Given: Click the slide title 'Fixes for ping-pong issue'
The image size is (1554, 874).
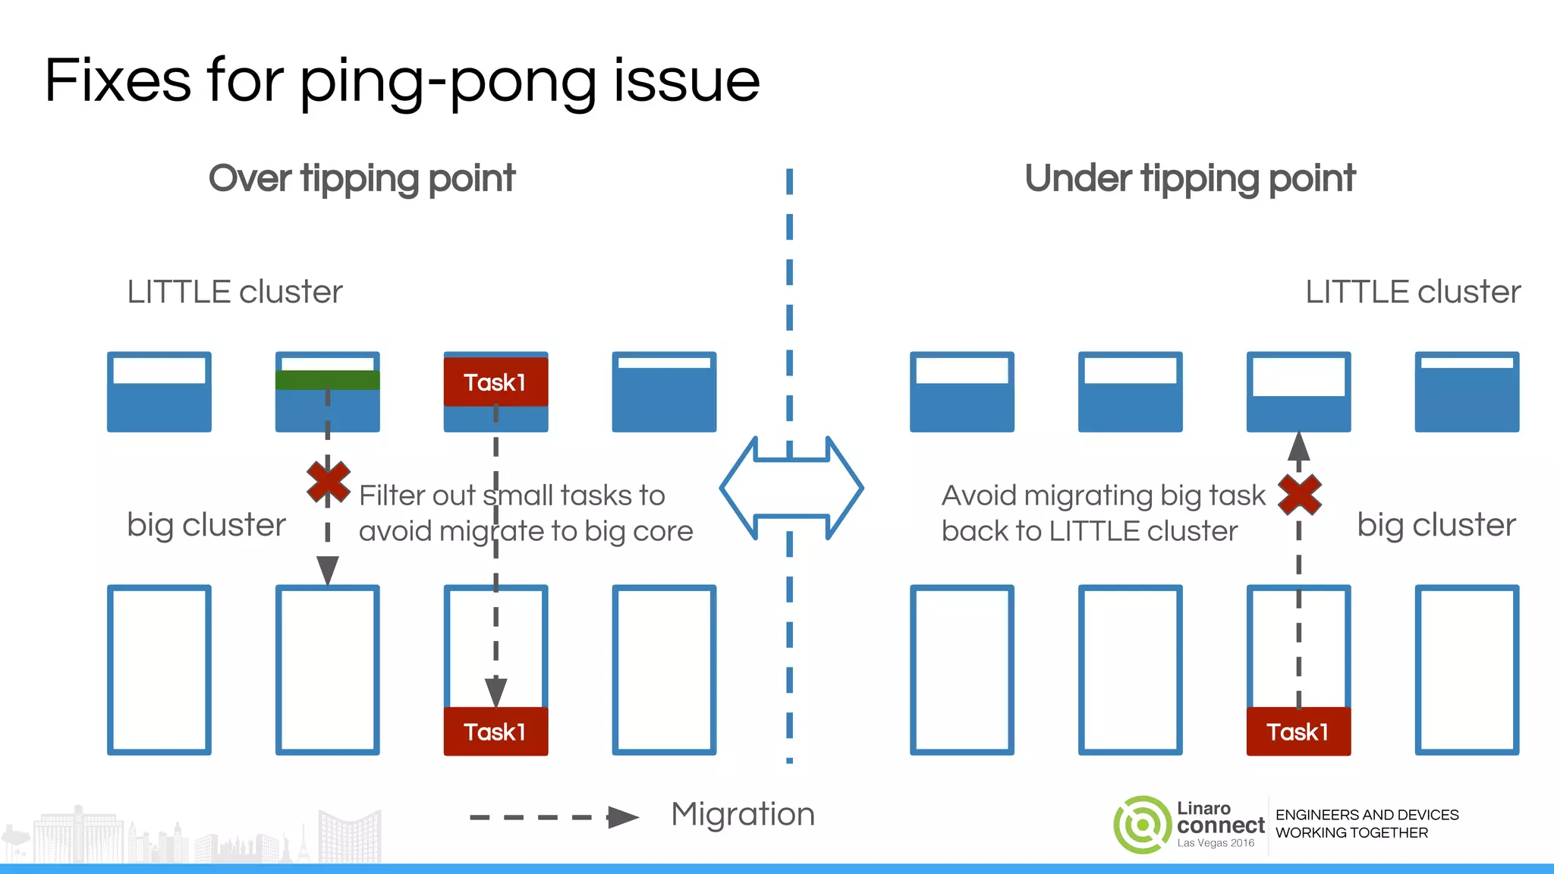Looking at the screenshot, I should tap(402, 81).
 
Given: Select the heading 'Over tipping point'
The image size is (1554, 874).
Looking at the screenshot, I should tap(362, 179).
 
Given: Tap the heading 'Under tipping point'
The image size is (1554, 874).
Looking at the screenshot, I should tap(1190, 179).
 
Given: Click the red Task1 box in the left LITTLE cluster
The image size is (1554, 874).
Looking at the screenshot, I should tap(495, 382).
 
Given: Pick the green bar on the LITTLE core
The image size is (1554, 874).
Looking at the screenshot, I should tap(327, 380).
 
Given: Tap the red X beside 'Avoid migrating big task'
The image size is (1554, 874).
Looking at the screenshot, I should tap(1299, 495).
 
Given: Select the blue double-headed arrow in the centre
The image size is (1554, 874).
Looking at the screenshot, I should tap(791, 488).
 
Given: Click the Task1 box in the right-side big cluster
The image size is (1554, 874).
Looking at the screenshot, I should tap(1298, 731).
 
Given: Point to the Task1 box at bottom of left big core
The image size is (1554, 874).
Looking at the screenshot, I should tap(495, 731).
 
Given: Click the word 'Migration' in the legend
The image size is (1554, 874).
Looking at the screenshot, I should tap(743, 814).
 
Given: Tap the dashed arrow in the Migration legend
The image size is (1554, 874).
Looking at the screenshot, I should tap(554, 817).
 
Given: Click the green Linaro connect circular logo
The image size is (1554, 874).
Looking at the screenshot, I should tap(1142, 825).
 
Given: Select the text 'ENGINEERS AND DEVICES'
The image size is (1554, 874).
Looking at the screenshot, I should tap(1367, 815).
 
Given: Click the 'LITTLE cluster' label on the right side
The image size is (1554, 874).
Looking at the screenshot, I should tap(1412, 292).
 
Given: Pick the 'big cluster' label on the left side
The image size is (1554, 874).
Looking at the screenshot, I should tap(206, 525).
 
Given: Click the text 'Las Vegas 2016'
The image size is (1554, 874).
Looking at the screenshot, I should tap(1216, 843).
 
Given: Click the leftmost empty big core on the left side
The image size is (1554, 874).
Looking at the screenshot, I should tap(159, 669).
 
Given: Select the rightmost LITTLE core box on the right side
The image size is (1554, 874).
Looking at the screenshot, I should tap(1467, 391).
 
